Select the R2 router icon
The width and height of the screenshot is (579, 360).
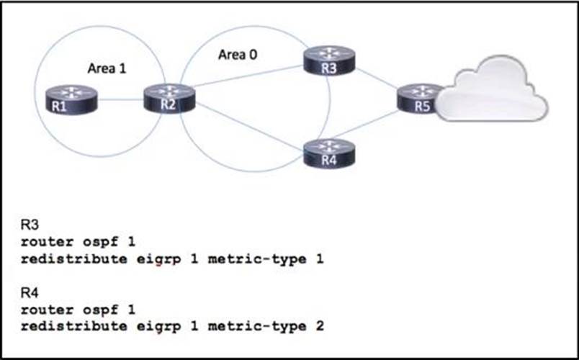click(169, 98)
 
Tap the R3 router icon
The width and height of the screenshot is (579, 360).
click(329, 60)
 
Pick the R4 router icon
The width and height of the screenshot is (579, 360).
click(329, 153)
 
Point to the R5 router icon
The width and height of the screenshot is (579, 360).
click(422, 99)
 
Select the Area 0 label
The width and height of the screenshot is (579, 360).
click(237, 54)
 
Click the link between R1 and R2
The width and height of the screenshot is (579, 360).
click(120, 100)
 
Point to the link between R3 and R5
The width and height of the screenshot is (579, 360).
click(377, 79)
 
